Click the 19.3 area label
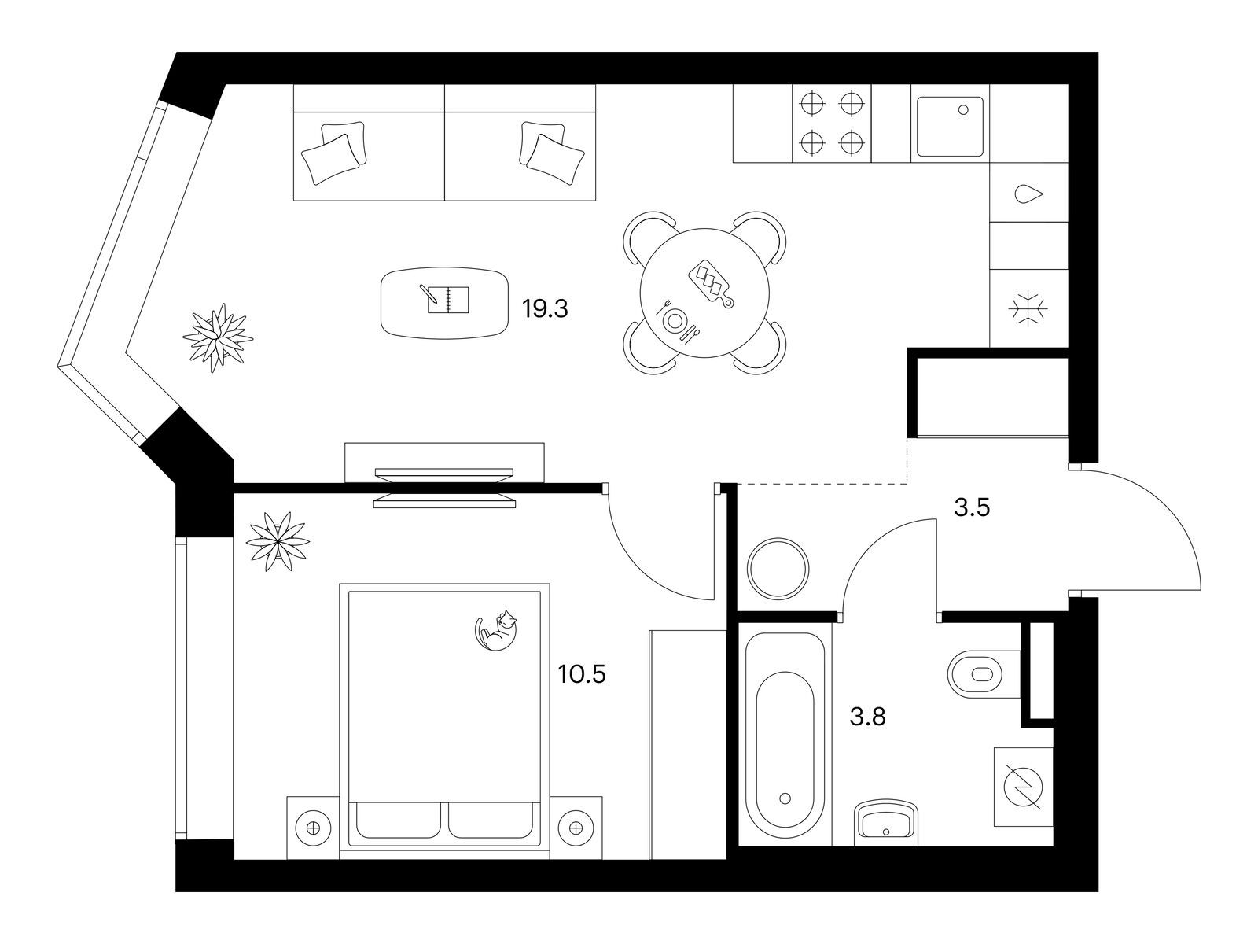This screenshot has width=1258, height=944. point(544,309)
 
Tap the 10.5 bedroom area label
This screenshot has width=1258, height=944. point(582,675)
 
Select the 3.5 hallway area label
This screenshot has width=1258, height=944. point(972,508)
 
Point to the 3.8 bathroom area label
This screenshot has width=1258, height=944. point(868,717)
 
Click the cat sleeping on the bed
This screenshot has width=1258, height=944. point(496,630)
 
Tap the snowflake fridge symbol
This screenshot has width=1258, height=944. point(1028,310)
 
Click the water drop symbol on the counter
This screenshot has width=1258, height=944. point(1029,194)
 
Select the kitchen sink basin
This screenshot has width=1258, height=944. point(950,127)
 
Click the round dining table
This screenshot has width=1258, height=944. point(704,293)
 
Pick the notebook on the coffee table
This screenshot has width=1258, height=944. point(447,299)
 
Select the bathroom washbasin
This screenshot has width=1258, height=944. point(885,823)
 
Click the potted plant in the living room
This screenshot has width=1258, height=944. point(218,338)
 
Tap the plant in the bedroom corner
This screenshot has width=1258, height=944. point(278,541)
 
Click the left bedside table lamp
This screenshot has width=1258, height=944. point(313,828)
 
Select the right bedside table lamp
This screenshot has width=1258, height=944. point(576,828)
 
